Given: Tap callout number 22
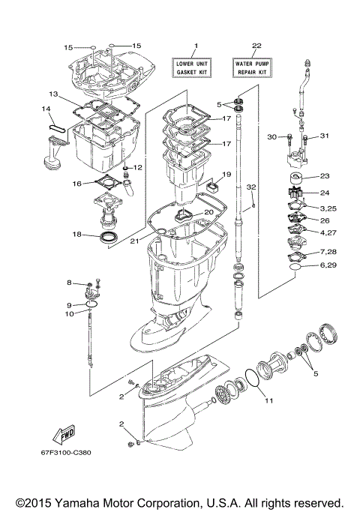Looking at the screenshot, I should coord(256,46).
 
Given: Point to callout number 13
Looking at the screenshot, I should coord(53,94).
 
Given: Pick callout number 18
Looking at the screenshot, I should coord(76,235).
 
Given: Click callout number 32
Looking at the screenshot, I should coord(252,186).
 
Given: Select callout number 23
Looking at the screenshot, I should coord(324,177).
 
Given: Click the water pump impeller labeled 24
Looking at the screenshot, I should coord(291,193).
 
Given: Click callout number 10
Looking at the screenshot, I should coord(68,314).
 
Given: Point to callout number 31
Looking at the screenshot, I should coord(325,136).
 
